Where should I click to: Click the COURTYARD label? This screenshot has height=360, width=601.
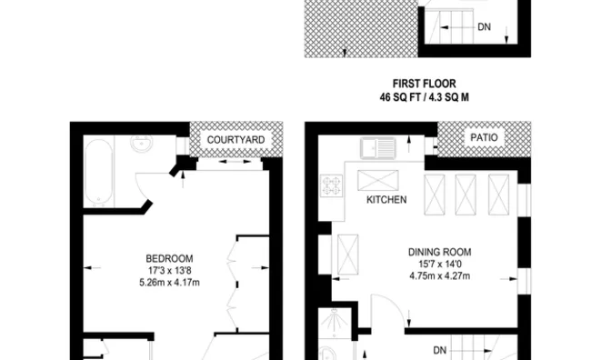(235, 139)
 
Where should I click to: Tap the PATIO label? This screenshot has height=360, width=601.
(482, 137)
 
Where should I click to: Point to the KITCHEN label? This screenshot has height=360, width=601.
(386, 200)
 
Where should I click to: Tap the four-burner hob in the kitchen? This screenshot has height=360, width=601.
(329, 186)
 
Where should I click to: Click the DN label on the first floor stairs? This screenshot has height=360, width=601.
(485, 27)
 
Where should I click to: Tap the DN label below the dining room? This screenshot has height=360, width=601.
(439, 349)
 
